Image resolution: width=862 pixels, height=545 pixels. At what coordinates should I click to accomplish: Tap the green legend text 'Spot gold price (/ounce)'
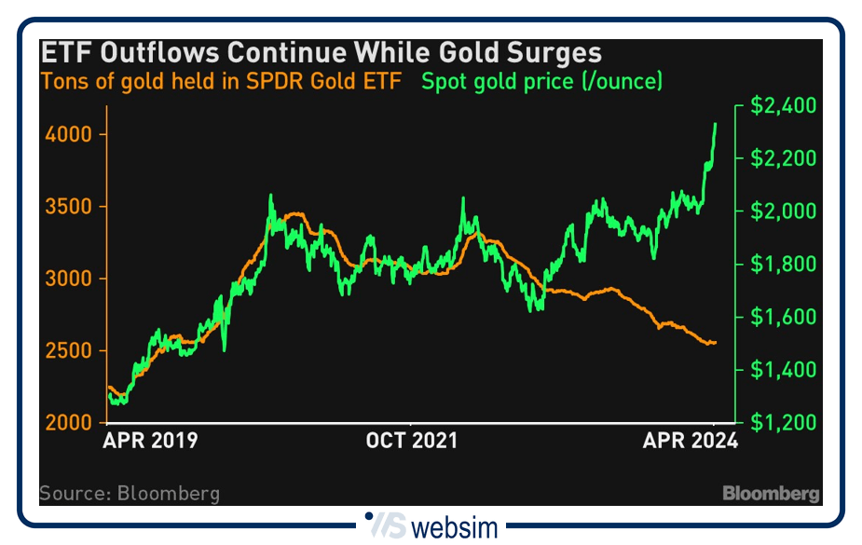click(541, 81)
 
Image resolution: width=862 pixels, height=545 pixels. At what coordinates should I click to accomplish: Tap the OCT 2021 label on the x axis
click(410, 440)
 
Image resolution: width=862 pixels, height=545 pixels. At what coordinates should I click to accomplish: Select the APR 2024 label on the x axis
click(690, 440)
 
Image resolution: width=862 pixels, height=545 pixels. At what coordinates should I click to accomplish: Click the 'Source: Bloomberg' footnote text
click(130, 493)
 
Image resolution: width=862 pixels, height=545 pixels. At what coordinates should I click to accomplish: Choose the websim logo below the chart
click(431, 526)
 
